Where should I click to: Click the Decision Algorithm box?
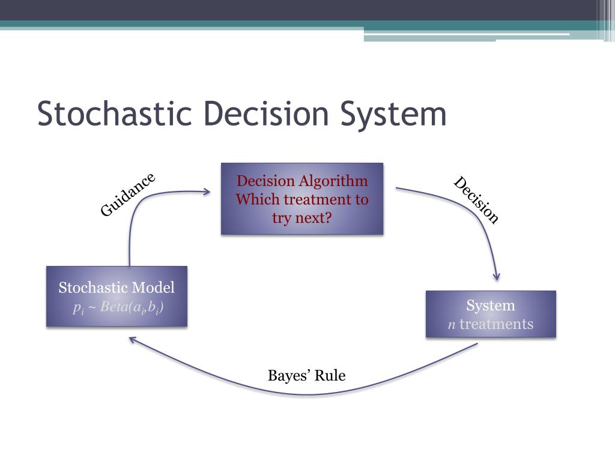(x=302, y=199)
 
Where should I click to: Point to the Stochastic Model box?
(x=117, y=297)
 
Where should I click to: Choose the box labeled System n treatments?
(x=491, y=315)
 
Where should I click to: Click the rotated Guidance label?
(x=127, y=194)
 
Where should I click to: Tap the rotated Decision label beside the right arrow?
(x=476, y=200)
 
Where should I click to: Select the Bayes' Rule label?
(x=306, y=376)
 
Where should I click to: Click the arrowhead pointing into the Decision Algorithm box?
(x=207, y=192)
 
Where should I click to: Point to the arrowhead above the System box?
(x=496, y=277)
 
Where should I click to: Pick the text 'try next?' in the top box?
(x=301, y=217)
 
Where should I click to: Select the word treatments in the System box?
(x=496, y=324)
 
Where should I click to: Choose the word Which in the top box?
(x=257, y=199)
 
